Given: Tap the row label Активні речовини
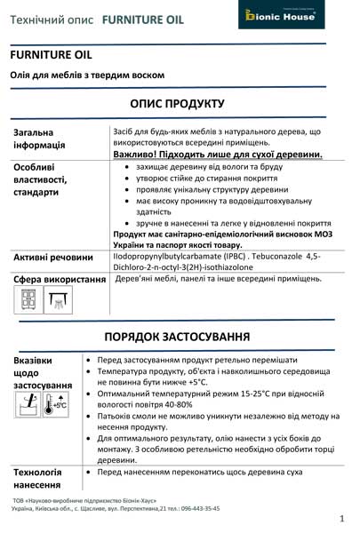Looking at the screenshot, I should (x=53, y=257).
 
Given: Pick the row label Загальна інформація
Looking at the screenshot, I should (x=40, y=139).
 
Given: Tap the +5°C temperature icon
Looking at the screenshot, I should (x=57, y=405).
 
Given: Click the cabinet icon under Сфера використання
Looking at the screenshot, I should (x=27, y=301).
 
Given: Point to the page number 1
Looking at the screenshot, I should (x=342, y=517).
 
